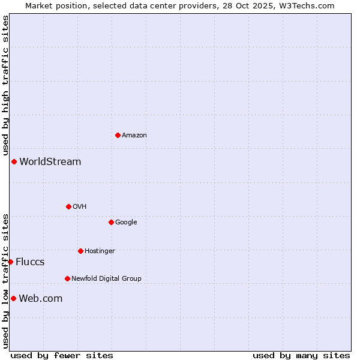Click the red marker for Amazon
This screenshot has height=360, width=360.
[x=118, y=135]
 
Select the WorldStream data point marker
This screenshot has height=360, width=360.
[x=14, y=161]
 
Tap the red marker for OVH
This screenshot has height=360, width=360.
[x=68, y=206]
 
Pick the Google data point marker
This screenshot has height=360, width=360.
[x=111, y=222]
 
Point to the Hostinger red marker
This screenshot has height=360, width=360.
[x=80, y=251]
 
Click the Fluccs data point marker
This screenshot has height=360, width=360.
[x=10, y=262]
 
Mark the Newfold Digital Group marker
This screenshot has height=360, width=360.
[x=67, y=278]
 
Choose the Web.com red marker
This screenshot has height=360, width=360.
[x=13, y=298]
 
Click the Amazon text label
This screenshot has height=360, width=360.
[x=134, y=136]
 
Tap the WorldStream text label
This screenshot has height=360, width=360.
[x=50, y=162]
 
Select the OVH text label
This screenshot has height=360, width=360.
[x=80, y=207]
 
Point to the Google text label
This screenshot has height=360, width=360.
[x=126, y=223]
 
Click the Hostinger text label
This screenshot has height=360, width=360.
[x=100, y=251]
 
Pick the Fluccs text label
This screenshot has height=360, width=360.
[x=30, y=262]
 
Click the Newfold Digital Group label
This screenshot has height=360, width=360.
[x=106, y=279]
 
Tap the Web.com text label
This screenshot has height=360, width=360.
[x=41, y=299]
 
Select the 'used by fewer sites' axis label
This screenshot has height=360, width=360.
[x=62, y=355]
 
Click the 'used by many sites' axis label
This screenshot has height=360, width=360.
[x=301, y=355]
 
